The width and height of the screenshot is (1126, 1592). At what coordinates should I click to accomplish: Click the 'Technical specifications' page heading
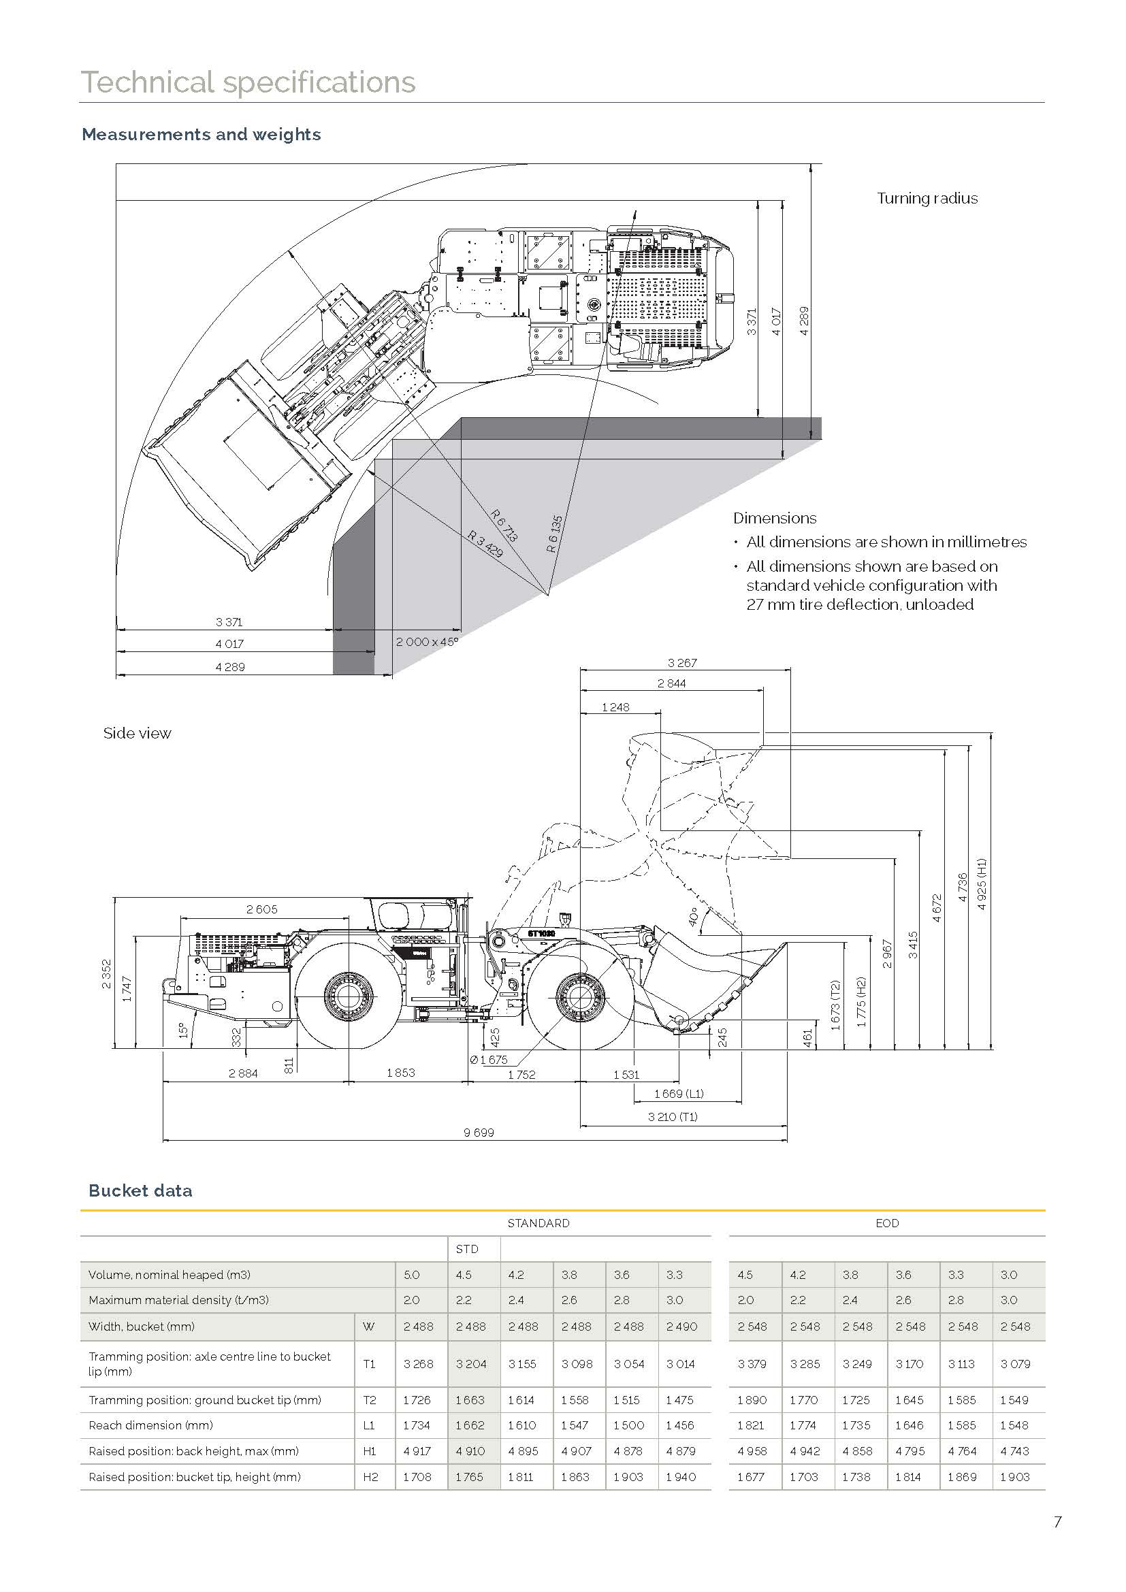248,82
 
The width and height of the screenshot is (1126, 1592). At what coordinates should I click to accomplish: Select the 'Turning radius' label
927,198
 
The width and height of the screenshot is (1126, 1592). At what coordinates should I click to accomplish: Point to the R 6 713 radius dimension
504,525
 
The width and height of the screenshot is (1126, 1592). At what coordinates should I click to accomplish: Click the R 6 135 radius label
554,533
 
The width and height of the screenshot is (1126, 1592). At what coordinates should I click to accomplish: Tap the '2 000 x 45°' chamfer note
427,642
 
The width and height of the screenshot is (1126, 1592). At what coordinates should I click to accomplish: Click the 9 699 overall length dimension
479,1133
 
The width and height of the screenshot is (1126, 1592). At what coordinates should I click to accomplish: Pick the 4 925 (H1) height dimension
981,884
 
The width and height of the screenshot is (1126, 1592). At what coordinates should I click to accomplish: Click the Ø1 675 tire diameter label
489,1060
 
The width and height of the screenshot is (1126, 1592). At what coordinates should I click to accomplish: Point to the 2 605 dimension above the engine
261,909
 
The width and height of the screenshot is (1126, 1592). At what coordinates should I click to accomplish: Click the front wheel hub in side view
579,996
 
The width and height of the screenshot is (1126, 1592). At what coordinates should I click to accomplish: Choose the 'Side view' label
137,734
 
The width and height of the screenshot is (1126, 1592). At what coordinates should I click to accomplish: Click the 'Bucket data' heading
140,1190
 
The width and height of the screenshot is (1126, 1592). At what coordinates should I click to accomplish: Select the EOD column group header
887,1223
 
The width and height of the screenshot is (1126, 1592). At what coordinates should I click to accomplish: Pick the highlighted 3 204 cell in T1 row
471,1364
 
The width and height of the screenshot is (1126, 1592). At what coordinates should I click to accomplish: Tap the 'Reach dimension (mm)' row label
150,1425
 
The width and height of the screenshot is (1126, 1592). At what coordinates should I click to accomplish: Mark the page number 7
1057,1522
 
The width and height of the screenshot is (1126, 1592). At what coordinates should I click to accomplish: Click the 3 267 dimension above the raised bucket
681,663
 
